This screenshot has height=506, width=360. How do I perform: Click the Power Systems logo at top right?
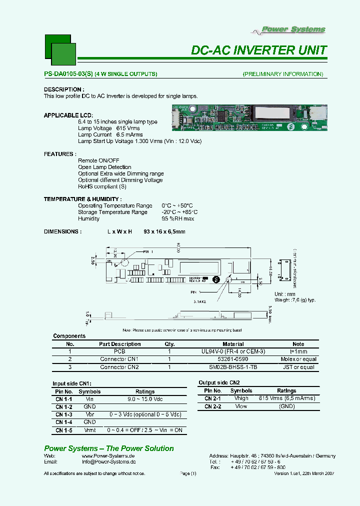[x=289, y=30]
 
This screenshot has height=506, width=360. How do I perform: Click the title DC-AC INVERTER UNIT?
[x=259, y=50]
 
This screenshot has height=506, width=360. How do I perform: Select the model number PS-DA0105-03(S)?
[x=68, y=74]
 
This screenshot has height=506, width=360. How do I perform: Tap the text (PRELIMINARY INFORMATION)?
[x=283, y=74]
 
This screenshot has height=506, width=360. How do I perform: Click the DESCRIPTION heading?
[x=62, y=89]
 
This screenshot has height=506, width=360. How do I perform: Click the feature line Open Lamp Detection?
[x=104, y=167]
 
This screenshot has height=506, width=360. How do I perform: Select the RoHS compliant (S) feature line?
[x=102, y=186]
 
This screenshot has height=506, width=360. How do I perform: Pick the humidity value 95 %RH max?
[x=177, y=218]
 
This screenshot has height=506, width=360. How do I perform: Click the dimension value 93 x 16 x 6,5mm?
[x=164, y=231]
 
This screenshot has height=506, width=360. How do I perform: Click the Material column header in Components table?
[x=233, y=344]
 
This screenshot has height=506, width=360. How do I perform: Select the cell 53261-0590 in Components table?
[x=233, y=359]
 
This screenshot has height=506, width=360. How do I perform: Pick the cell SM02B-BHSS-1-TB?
[x=233, y=367]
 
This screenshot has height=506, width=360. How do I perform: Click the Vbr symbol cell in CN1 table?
[x=89, y=415]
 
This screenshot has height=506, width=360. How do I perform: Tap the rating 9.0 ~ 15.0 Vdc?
[x=145, y=399]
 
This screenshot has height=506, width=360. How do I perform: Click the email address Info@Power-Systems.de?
[x=108, y=462]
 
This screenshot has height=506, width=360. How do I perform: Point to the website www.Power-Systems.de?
[x=108, y=456]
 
